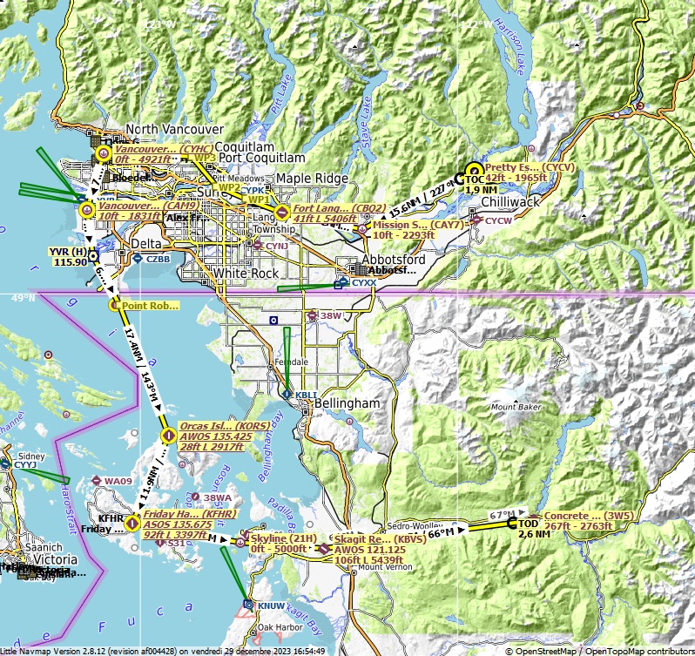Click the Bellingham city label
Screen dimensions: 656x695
[x=348, y=404]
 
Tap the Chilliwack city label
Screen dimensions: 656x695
[x=511, y=202]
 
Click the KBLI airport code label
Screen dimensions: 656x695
[x=306, y=395]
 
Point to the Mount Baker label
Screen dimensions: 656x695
[x=516, y=407]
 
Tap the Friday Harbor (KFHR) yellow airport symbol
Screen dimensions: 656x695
[x=132, y=523]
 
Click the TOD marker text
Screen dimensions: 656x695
[x=529, y=524]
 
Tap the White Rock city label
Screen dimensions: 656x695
[x=246, y=274]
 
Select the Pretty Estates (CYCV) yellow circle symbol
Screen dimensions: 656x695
[x=474, y=171]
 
